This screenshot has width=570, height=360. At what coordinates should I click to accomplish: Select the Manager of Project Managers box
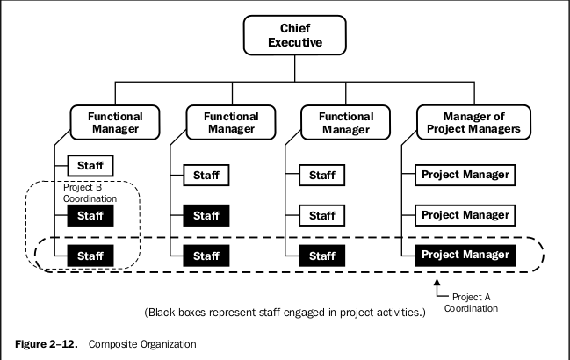point(473,123)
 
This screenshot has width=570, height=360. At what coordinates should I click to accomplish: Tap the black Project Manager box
point(465,255)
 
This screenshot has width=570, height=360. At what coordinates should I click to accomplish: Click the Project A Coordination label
point(470,303)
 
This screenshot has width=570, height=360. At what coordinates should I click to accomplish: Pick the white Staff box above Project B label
point(90,164)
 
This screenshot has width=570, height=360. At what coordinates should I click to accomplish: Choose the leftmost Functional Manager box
point(115,123)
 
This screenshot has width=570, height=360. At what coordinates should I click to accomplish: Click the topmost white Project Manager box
point(465,174)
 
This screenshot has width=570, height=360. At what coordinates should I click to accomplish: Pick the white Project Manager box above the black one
point(465,214)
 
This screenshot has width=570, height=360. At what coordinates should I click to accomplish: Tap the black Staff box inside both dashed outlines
point(90,255)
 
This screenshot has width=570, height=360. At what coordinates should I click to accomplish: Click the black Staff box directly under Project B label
point(90,214)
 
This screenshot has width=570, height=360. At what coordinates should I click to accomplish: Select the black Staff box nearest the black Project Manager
point(322,255)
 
